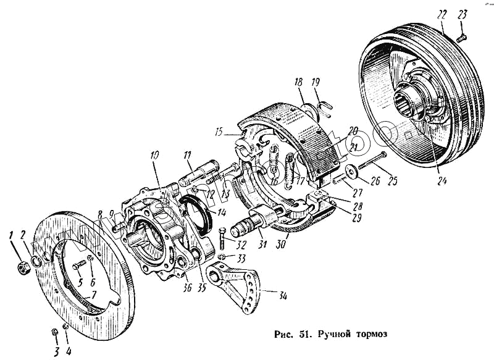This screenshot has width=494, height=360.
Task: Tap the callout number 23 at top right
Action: [463, 15]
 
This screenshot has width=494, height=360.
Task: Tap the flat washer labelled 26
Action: [350, 170]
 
